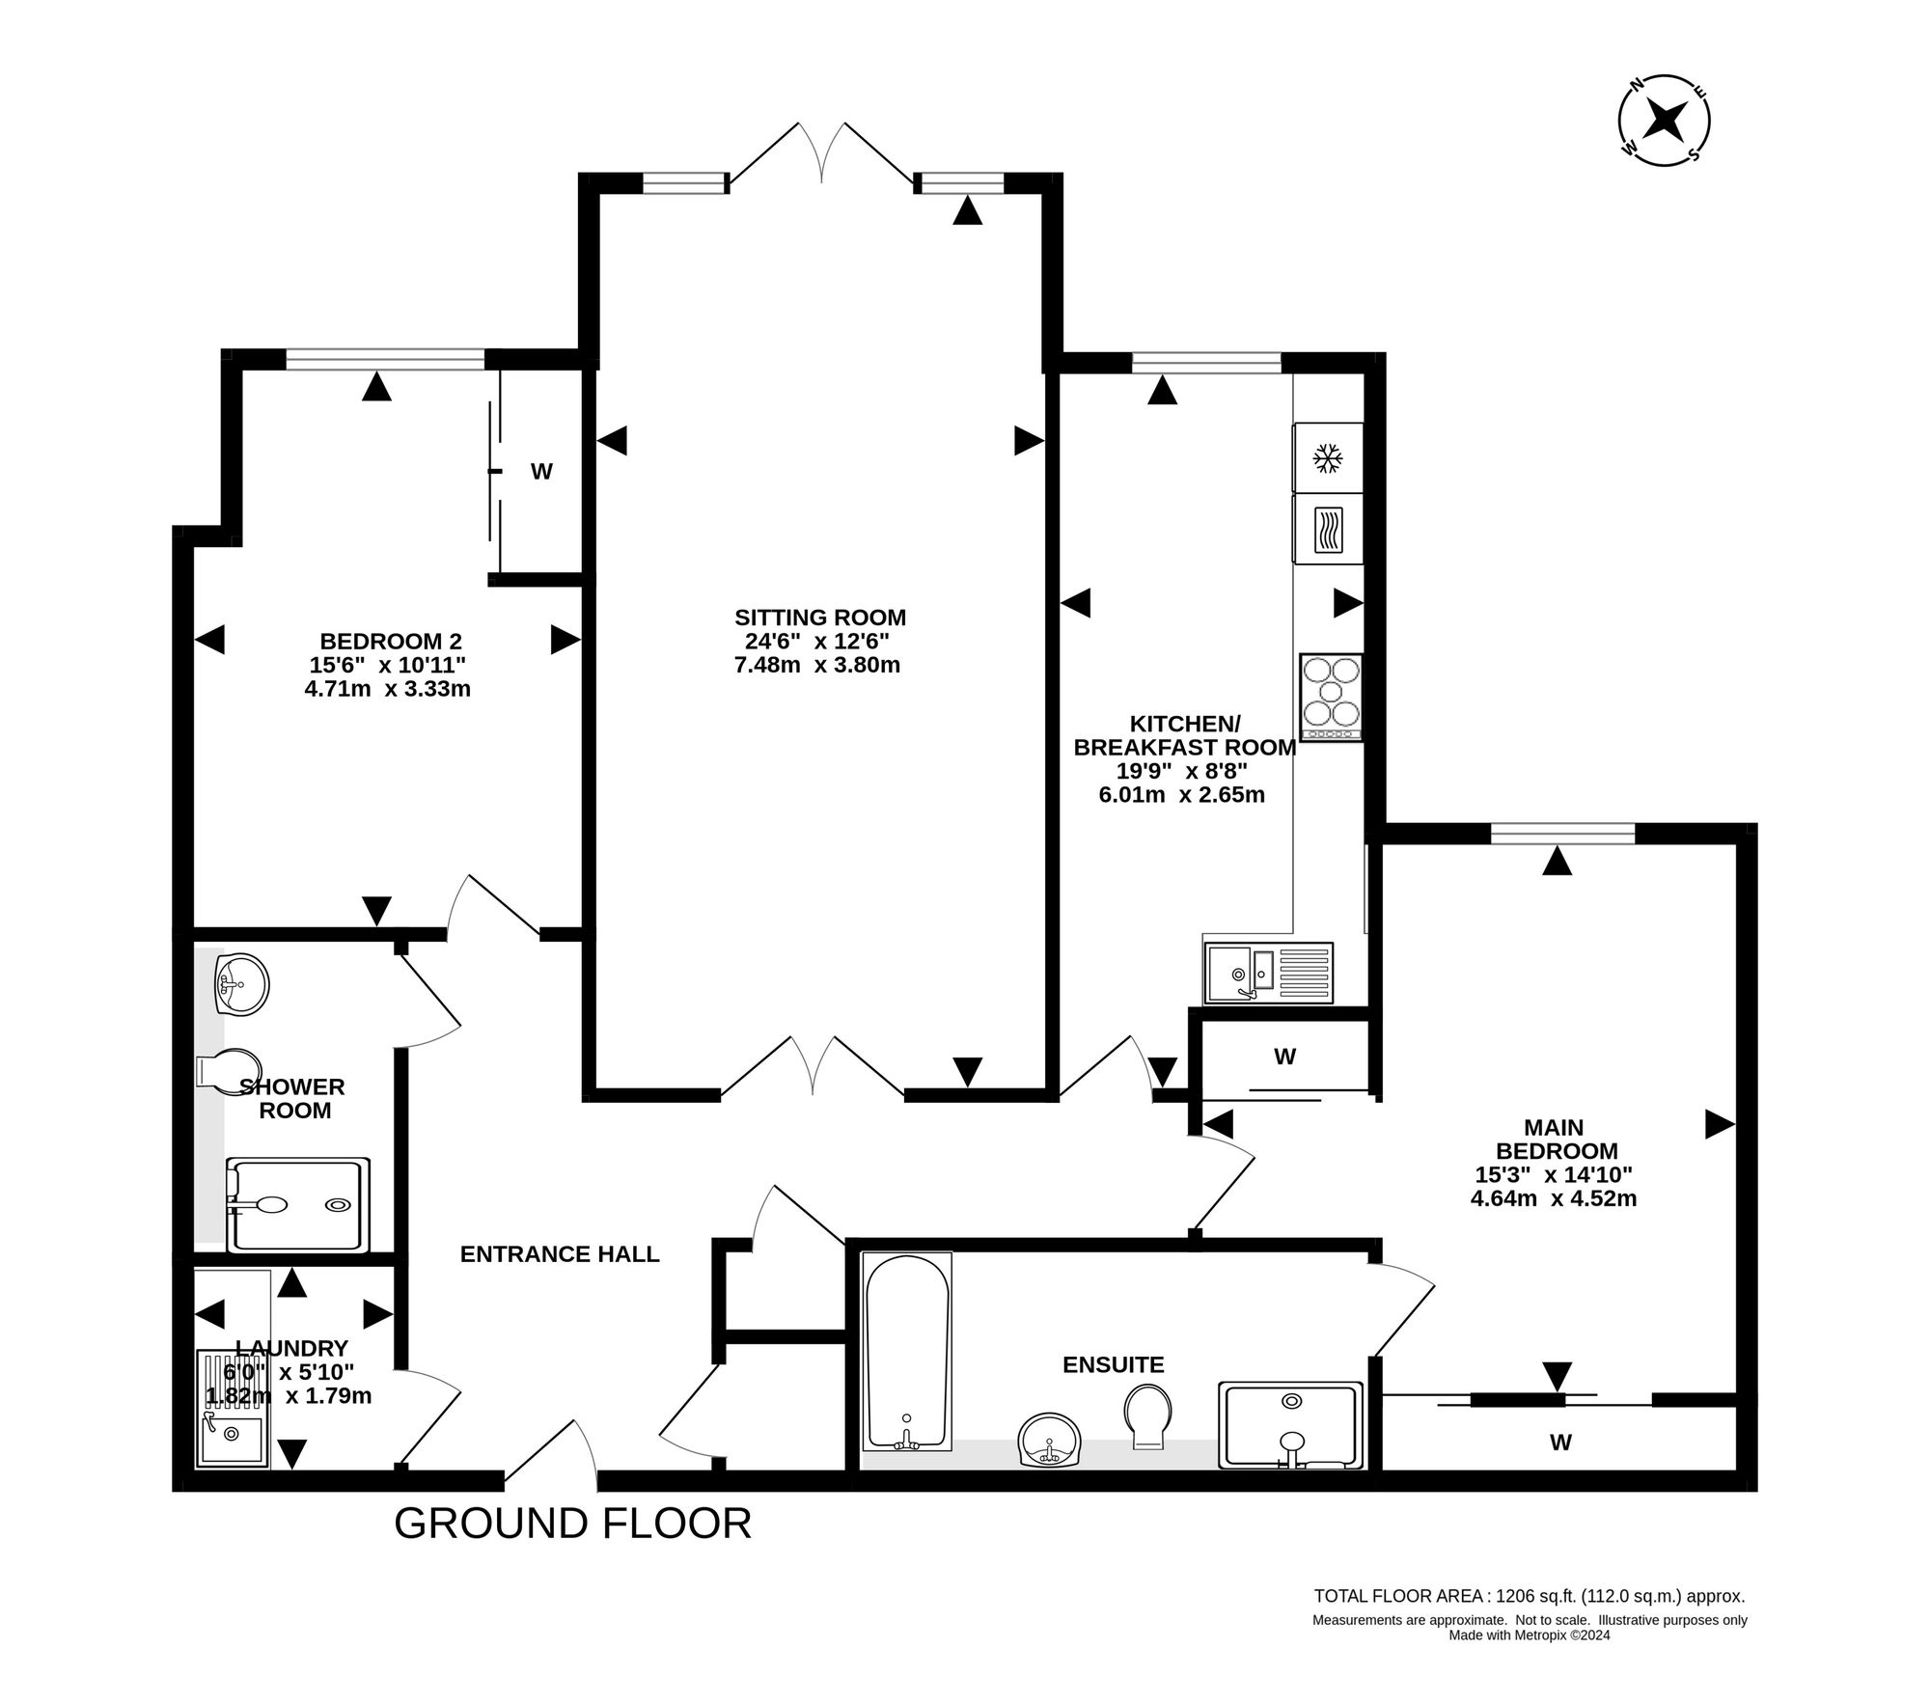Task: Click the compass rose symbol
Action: pos(1664,121)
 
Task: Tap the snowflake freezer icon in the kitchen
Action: pos(1329,457)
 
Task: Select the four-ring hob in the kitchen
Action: pos(1332,697)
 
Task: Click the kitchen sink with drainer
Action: pos(1268,973)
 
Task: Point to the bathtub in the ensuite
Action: pos(907,1351)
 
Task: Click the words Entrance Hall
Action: pos(560,1254)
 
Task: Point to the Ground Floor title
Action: pos(573,1523)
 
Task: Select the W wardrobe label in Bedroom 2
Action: pos(541,472)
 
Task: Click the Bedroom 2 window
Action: pos(385,360)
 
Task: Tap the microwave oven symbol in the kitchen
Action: pos(1329,530)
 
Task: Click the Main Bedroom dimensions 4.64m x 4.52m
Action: pos(1554,1199)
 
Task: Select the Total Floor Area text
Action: pos(1530,1596)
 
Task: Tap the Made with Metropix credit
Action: pos(1530,1635)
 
